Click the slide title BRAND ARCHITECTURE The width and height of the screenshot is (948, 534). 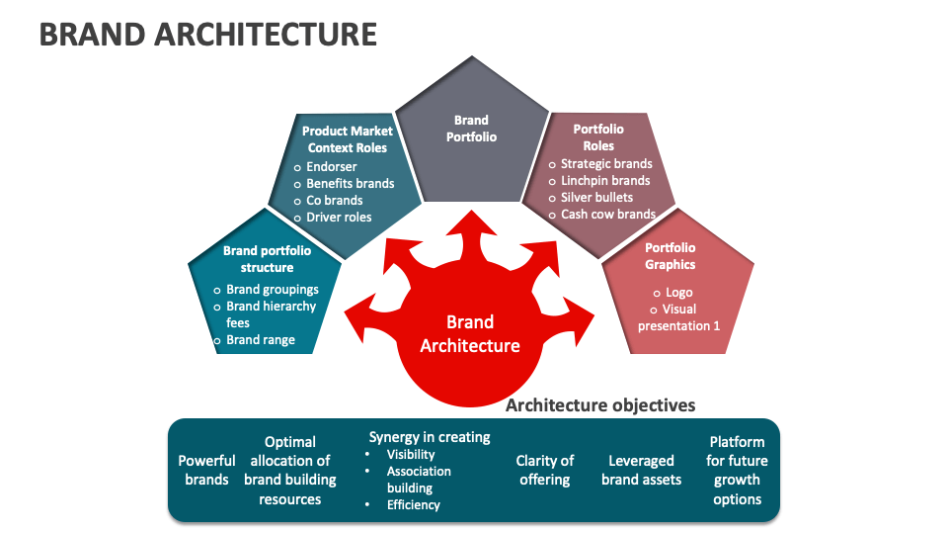(x=207, y=35)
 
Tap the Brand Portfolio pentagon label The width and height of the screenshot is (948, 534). (x=471, y=129)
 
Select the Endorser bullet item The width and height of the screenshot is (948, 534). (x=331, y=166)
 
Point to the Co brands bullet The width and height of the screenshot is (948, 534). (x=334, y=200)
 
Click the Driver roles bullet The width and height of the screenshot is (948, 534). (x=339, y=217)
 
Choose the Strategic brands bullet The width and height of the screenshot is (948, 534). (x=606, y=163)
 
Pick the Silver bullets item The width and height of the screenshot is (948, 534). (x=596, y=197)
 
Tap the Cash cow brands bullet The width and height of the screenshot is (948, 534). (x=607, y=214)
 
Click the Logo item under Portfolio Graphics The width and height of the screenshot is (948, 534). (x=678, y=293)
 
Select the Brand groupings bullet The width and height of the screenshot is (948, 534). (x=272, y=290)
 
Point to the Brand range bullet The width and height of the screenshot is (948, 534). (x=260, y=340)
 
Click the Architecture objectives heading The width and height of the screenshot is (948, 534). (x=600, y=405)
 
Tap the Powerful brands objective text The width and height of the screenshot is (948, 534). (x=206, y=470)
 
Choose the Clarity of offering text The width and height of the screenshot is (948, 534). (x=544, y=470)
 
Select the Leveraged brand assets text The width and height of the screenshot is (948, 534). (x=641, y=470)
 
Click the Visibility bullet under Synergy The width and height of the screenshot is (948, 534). (x=411, y=455)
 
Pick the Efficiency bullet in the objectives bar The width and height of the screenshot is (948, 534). (x=413, y=504)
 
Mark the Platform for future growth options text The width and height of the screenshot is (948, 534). (x=737, y=470)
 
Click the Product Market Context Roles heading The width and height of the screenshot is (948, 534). (x=347, y=138)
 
